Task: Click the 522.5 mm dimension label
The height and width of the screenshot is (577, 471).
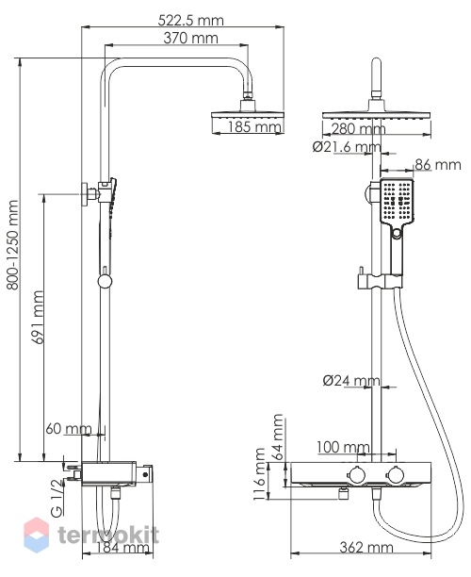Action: click(191, 20)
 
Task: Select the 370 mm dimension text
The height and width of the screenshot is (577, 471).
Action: click(190, 38)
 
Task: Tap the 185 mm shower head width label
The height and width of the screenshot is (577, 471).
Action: click(254, 127)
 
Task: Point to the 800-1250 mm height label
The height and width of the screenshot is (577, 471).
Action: click(13, 245)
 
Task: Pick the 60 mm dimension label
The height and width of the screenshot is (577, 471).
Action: click(69, 429)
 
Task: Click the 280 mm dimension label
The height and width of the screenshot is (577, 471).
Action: click(358, 129)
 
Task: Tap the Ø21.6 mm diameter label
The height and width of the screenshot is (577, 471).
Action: click(347, 147)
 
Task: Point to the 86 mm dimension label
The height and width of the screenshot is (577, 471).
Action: click(438, 164)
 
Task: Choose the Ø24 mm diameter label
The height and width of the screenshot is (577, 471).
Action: click(351, 381)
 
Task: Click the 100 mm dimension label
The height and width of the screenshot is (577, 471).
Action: click(343, 448)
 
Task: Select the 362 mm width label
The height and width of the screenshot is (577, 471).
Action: click(366, 548)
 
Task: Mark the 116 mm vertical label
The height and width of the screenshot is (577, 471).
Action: click(260, 474)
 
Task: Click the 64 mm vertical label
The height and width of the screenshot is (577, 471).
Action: click(278, 437)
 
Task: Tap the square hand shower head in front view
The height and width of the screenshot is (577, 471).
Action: click(398, 201)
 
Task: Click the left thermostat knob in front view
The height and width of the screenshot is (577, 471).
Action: click(356, 474)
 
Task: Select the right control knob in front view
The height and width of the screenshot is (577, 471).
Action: click(395, 474)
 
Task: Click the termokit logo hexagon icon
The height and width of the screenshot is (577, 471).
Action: click(36, 535)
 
